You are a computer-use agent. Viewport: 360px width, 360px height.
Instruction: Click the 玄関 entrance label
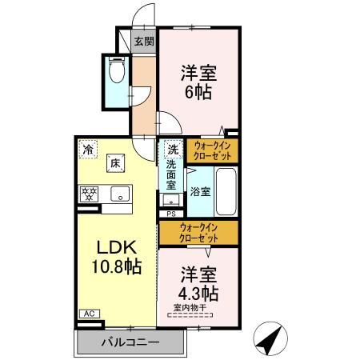tap(143, 42)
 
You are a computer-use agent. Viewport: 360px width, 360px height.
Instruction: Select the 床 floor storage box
tap(115, 163)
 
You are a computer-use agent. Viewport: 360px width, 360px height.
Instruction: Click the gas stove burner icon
tap(87, 194)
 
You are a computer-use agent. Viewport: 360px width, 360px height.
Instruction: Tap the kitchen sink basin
tap(119, 194)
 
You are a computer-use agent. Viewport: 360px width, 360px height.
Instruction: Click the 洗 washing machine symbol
tap(173, 149)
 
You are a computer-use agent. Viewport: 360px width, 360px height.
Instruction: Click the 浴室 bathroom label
tap(200, 192)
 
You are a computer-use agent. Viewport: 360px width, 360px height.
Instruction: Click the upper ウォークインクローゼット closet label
tap(212, 150)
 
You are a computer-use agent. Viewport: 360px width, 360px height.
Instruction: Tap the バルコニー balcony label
tap(130, 342)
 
